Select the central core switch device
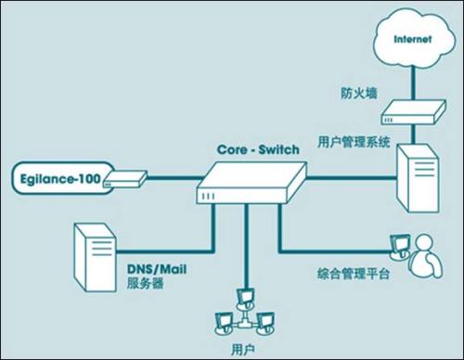(251, 182)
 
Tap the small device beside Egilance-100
(122, 178)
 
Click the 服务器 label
(143, 283)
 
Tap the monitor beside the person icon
(399, 244)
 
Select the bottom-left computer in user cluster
(224, 322)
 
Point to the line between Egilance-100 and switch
(167, 178)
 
